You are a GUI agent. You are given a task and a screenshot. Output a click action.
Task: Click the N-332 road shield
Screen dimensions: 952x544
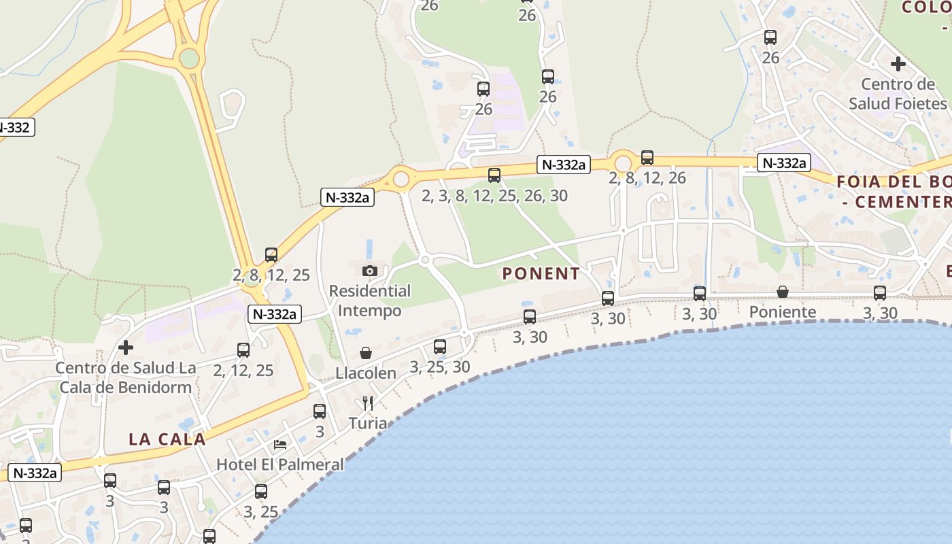[15, 127]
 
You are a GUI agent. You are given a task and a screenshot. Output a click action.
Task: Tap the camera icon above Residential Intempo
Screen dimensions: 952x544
[370, 271]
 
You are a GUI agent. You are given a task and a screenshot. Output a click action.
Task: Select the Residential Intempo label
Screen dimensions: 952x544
[370, 301]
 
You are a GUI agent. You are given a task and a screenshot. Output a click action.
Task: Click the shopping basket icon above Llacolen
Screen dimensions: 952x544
[366, 353]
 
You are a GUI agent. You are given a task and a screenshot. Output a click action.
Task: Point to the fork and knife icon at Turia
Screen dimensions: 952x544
[368, 403]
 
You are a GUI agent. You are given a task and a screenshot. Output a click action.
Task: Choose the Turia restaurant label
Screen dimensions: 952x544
[368, 424]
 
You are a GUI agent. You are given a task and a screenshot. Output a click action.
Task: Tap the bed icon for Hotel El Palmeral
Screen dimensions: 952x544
[280, 445]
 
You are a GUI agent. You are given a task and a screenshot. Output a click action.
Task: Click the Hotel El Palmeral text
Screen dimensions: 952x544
[280, 465]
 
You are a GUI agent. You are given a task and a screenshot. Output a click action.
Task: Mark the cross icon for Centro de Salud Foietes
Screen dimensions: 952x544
[898, 64]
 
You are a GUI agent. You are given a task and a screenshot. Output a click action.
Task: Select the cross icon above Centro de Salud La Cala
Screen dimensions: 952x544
[126, 347]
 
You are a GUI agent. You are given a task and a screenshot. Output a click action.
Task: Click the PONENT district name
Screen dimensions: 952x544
[541, 274]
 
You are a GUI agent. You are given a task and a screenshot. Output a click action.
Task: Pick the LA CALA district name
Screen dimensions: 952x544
[167, 439]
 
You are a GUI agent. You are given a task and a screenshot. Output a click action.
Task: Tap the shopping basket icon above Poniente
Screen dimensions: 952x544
[783, 292]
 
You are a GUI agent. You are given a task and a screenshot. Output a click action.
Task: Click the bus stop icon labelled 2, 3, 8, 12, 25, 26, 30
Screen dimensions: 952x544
[494, 175]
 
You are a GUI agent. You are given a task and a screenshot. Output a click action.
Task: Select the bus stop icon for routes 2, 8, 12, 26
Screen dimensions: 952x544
[647, 158]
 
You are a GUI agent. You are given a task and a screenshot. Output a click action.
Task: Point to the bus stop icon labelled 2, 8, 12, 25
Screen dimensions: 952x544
[271, 255]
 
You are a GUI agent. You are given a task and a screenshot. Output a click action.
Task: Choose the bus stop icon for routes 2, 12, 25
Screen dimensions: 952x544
[243, 350]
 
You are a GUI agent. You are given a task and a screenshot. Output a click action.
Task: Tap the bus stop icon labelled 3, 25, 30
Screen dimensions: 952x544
[440, 347]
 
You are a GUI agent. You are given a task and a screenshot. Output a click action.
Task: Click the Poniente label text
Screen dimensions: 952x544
[783, 312]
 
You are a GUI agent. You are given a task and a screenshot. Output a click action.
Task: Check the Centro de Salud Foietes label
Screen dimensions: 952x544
[898, 94]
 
